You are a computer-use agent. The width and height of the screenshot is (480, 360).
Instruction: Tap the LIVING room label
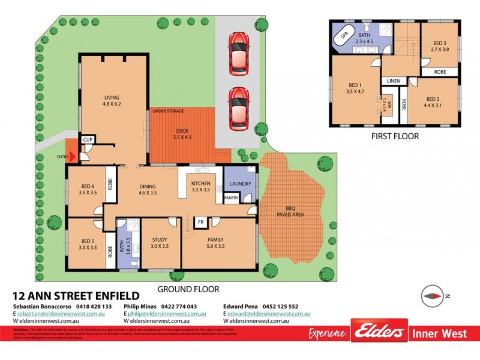pyautogui.click(x=112, y=97)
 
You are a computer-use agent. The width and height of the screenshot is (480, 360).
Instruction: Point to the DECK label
pyautogui.click(x=182, y=131)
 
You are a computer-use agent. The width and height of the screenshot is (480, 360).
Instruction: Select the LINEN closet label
pyautogui.click(x=394, y=80)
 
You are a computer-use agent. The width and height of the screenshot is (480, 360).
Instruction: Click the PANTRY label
pyautogui.click(x=231, y=197)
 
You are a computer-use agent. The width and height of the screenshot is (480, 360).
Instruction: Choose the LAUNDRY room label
pyautogui.click(x=239, y=184)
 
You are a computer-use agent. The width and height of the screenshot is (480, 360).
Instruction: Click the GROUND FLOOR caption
pyautogui.click(x=179, y=289)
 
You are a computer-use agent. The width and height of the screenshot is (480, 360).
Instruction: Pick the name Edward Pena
pyautogui.click(x=242, y=306)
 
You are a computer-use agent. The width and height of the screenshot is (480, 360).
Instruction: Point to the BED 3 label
pyautogui.click(x=440, y=43)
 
